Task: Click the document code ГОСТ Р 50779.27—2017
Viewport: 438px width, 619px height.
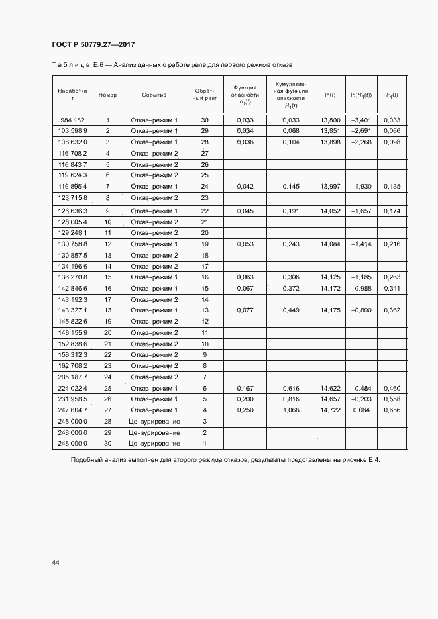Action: pyautogui.click(x=93, y=45)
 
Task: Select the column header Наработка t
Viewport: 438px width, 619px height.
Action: pyautogui.click(x=72, y=95)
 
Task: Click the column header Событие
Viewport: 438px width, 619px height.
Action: pyautogui.click(x=154, y=95)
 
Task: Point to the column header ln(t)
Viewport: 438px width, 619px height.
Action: pyautogui.click(x=330, y=95)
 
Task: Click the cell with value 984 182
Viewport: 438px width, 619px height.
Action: pyautogui.click(x=72, y=120)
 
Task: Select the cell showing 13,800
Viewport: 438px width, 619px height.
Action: pyautogui.click(x=330, y=120)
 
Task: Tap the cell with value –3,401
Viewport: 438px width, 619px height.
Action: pyautogui.click(x=360, y=120)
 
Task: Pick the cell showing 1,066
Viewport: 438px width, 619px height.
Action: pyautogui.click(x=291, y=410)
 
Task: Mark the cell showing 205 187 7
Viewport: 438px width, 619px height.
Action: pyautogui.click(x=72, y=377)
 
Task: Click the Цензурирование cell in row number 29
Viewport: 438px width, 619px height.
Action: pyautogui.click(x=154, y=432)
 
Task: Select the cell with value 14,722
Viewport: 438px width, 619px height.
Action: pyautogui.click(x=330, y=410)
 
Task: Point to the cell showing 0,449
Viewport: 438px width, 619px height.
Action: pyautogui.click(x=291, y=310)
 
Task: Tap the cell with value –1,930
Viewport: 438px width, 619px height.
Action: pyautogui.click(x=360, y=187)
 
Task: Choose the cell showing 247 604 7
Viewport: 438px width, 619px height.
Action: pyautogui.click(x=72, y=410)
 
